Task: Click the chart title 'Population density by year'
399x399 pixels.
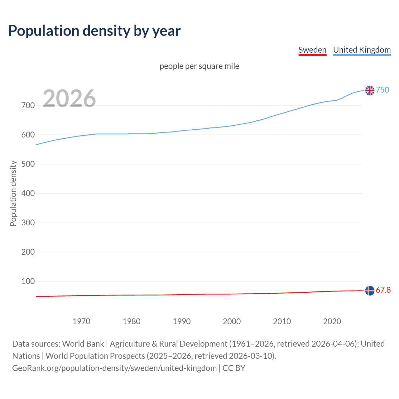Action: (x=94, y=31)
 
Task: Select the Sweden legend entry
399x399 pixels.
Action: (x=312, y=50)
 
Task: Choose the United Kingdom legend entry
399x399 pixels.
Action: (x=362, y=50)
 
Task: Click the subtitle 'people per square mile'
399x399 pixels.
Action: (x=199, y=66)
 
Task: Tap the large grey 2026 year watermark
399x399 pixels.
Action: (x=69, y=99)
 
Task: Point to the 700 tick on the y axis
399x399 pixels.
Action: (x=28, y=105)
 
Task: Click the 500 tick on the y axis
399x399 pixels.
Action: (x=28, y=164)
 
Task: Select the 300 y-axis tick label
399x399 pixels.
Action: (x=28, y=223)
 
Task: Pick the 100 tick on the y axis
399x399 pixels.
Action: (x=28, y=281)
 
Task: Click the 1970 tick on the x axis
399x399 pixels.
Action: (x=81, y=321)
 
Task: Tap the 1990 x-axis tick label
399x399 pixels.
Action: (x=182, y=321)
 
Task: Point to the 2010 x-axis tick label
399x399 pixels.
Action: (x=282, y=321)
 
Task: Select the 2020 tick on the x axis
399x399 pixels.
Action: (x=332, y=321)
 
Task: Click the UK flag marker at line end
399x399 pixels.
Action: (x=370, y=90)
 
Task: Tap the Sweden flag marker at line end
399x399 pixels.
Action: (x=370, y=291)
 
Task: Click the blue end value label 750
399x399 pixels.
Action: (x=382, y=90)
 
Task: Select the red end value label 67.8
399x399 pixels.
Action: (x=383, y=290)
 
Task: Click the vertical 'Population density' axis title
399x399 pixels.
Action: (x=13, y=193)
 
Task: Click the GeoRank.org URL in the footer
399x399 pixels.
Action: (x=114, y=368)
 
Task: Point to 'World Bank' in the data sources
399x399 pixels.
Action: (x=83, y=344)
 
